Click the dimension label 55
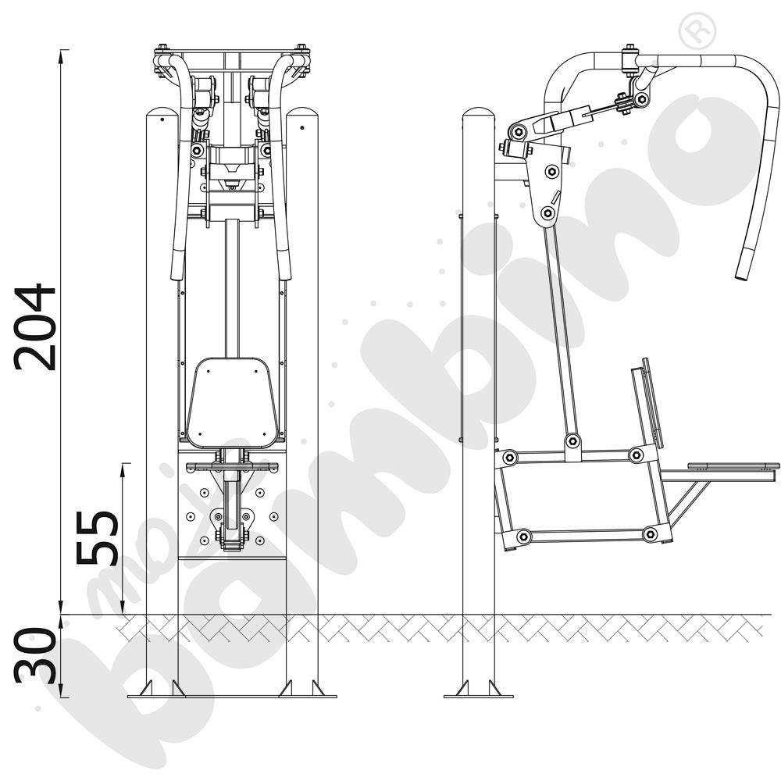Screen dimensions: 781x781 pos(97,537)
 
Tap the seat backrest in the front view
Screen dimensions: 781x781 pos(232,402)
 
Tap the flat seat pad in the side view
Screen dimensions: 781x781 pos(733,466)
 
